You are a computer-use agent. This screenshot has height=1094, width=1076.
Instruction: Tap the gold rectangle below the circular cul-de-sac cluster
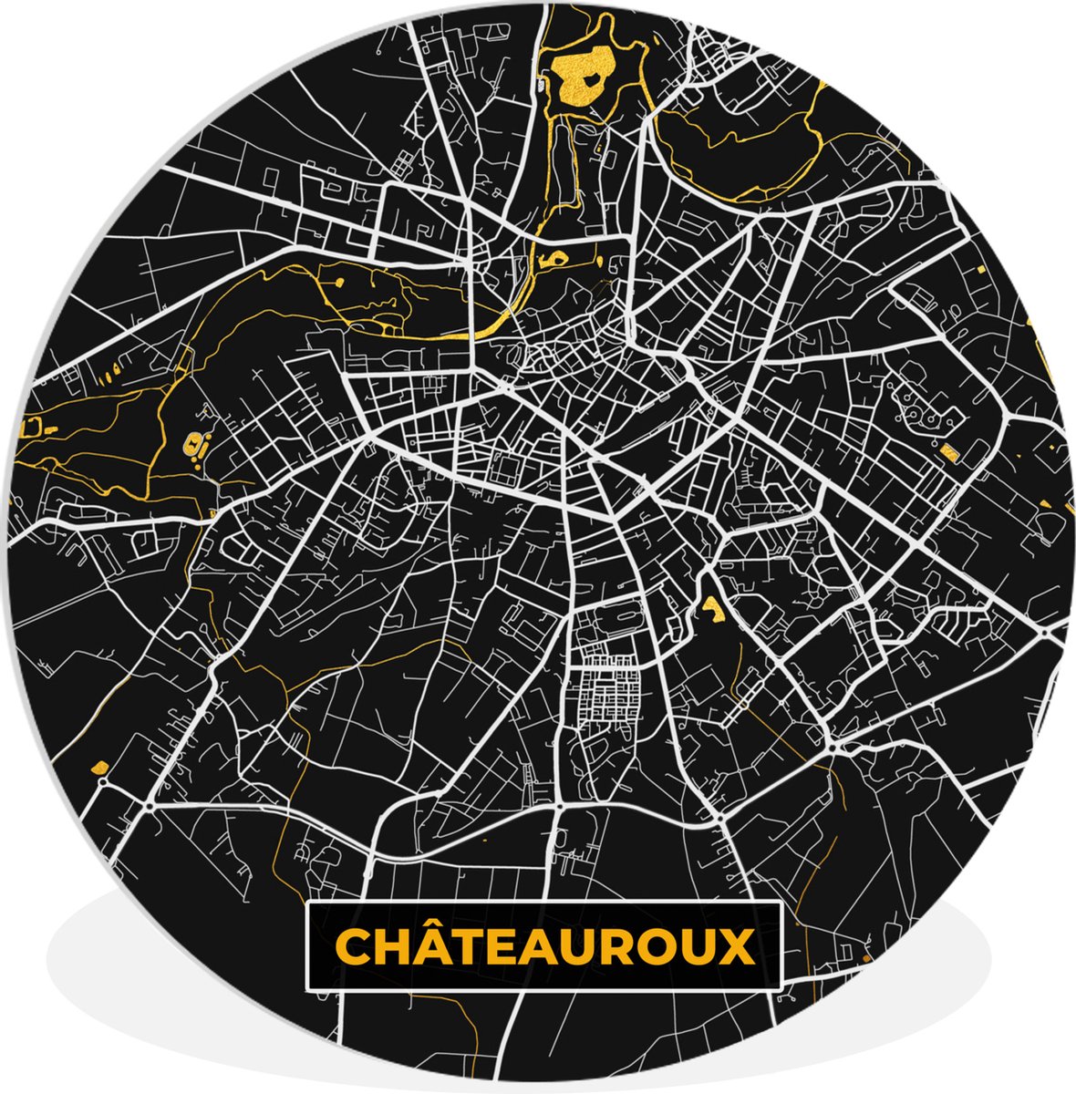[x=950, y=449]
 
